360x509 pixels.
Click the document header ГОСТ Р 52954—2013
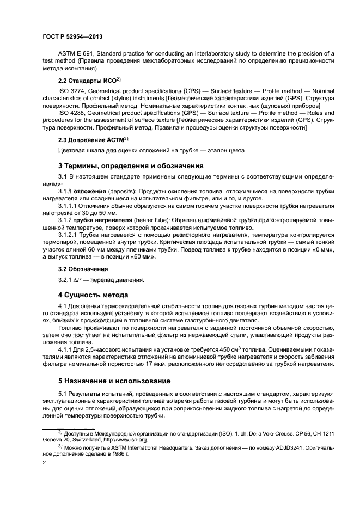click(x=72, y=36)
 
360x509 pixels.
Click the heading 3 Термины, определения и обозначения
click(x=131, y=166)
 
